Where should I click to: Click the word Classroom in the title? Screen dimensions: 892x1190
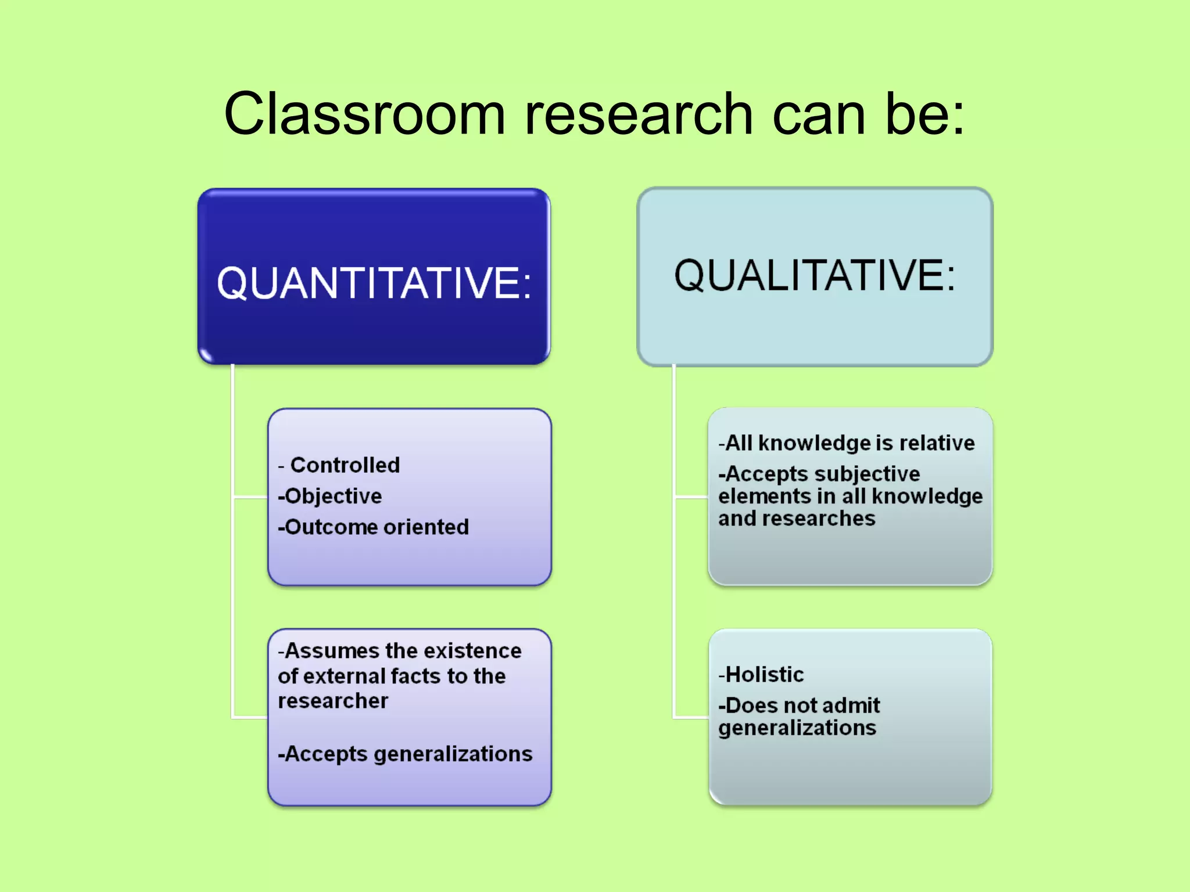click(x=365, y=114)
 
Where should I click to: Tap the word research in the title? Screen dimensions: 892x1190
click(x=639, y=114)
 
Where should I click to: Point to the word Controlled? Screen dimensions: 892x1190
click(x=345, y=465)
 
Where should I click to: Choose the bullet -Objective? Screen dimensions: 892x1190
click(x=330, y=496)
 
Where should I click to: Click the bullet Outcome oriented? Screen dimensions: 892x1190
click(x=374, y=527)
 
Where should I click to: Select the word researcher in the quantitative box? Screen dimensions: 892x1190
click(x=333, y=701)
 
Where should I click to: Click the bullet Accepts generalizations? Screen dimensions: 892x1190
click(x=406, y=754)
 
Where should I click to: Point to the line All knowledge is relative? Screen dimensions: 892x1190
click(x=847, y=443)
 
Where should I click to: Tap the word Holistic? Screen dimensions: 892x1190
click(x=764, y=675)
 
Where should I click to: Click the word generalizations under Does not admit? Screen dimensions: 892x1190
click(x=797, y=728)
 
